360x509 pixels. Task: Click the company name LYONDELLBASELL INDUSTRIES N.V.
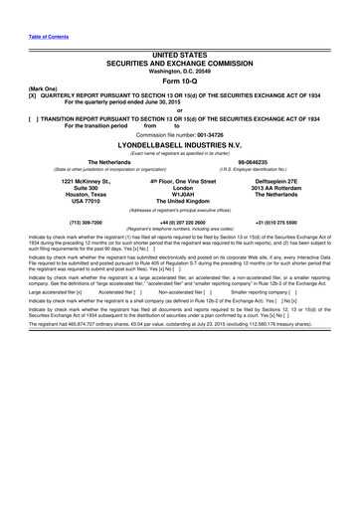tap(179, 144)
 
